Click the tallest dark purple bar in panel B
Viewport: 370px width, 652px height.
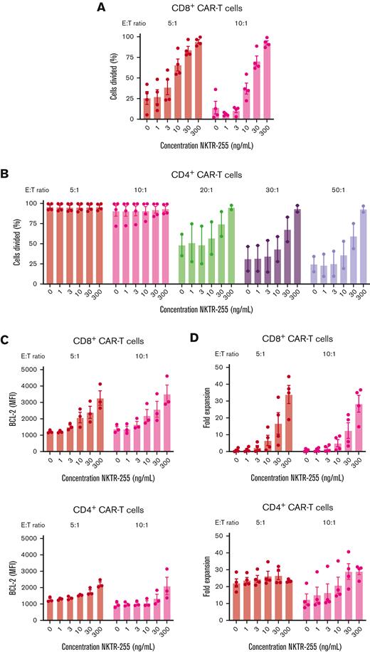tap(297, 235)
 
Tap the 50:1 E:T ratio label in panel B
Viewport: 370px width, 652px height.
tap(337, 190)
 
